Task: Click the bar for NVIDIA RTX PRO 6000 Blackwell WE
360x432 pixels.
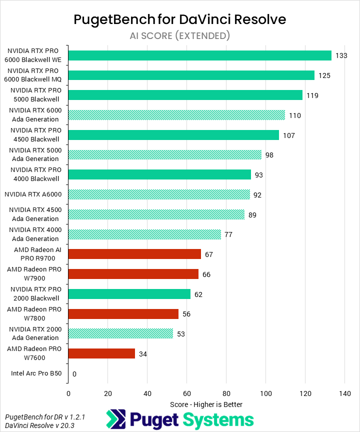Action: (x=199, y=55)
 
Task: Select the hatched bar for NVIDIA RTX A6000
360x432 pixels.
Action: (x=158, y=194)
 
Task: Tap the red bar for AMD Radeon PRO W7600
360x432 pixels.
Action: (x=101, y=353)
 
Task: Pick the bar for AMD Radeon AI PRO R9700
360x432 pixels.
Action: (x=134, y=254)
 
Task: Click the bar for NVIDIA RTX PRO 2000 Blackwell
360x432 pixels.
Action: (x=129, y=294)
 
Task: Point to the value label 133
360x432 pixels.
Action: (x=341, y=55)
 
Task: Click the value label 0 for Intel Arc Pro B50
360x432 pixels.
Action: (x=74, y=373)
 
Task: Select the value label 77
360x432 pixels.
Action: (x=228, y=234)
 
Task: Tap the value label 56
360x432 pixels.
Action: (x=186, y=314)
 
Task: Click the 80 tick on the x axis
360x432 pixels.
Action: (x=226, y=393)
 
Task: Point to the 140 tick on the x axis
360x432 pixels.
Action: (x=344, y=393)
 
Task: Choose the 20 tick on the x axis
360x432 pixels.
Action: (x=107, y=393)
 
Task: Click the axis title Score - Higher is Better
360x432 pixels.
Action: (x=206, y=404)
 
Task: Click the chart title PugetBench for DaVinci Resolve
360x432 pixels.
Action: (x=180, y=19)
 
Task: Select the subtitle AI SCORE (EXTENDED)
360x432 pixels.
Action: (x=180, y=35)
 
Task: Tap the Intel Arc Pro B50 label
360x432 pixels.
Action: (x=36, y=373)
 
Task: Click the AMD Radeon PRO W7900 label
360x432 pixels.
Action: (x=34, y=274)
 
